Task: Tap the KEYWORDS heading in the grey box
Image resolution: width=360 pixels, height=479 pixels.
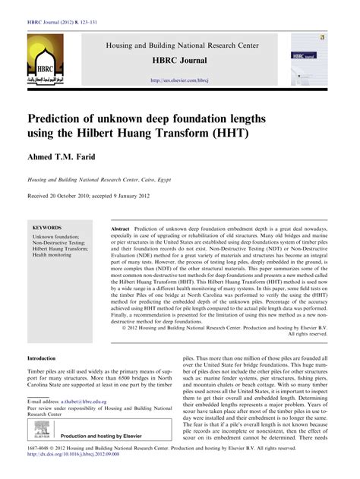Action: click(47, 227)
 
